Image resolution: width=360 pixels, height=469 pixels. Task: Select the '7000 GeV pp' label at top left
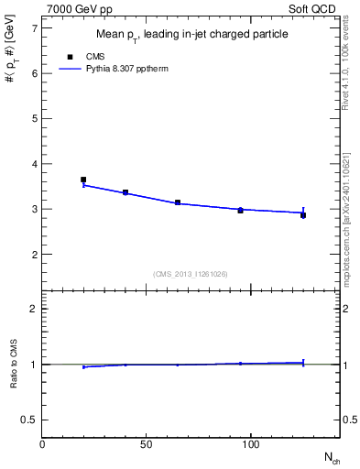[x=77, y=7]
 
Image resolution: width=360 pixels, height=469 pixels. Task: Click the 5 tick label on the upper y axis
[x=33, y=119]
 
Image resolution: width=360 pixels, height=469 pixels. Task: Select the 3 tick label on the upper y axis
[x=33, y=209]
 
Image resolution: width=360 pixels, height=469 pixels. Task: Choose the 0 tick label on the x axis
[x=42, y=445]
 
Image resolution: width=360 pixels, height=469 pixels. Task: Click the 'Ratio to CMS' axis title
[x=14, y=365]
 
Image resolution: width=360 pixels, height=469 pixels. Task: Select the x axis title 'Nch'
[x=333, y=456]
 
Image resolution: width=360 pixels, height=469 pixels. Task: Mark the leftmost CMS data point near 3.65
[x=83, y=180]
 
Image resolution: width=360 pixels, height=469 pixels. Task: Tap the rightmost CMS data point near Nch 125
[x=303, y=215]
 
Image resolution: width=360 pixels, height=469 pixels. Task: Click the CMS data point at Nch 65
[x=178, y=202]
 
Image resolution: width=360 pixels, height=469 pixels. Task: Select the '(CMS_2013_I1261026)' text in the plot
[x=190, y=273]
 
